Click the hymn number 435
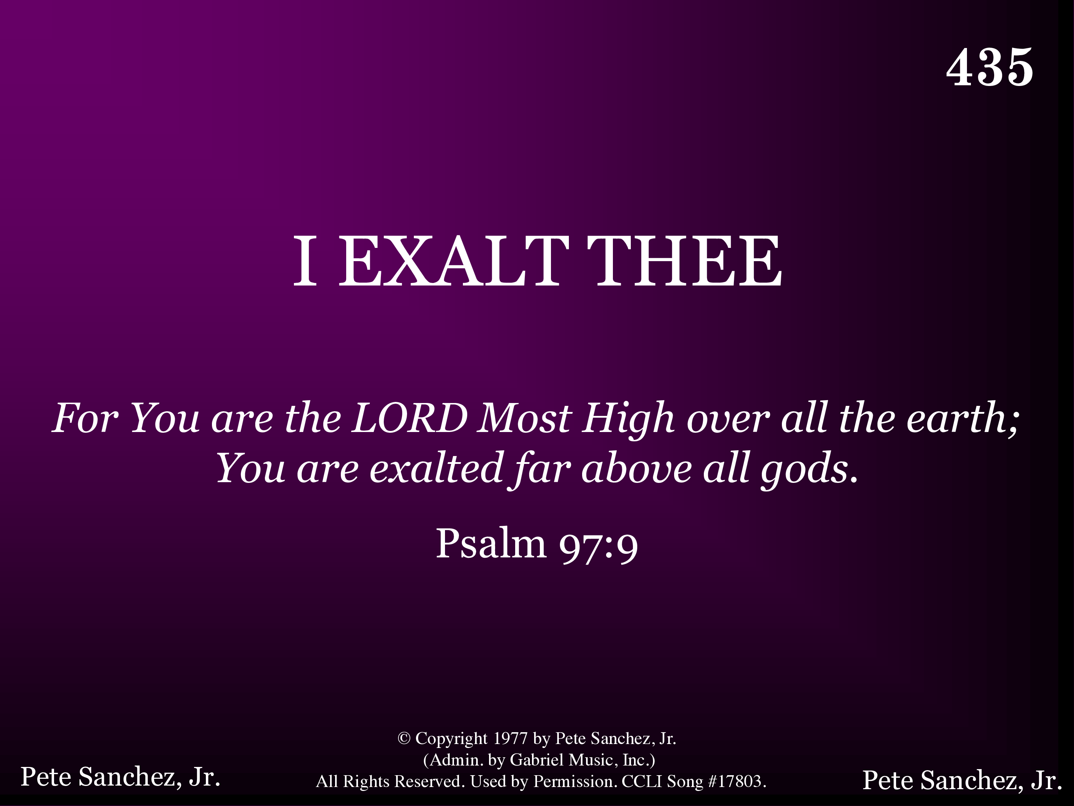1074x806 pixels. pyautogui.click(x=990, y=68)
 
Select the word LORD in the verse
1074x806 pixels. pyautogui.click(x=410, y=417)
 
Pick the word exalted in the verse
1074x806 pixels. pyautogui.click(x=436, y=468)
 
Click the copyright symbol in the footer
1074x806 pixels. pyautogui.click(x=404, y=738)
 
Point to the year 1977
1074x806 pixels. pyautogui.click(x=510, y=738)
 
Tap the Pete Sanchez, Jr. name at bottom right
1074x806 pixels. pyautogui.click(x=962, y=780)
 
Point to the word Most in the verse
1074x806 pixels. pyautogui.click(x=524, y=417)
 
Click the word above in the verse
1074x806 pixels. pyautogui.click(x=637, y=468)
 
